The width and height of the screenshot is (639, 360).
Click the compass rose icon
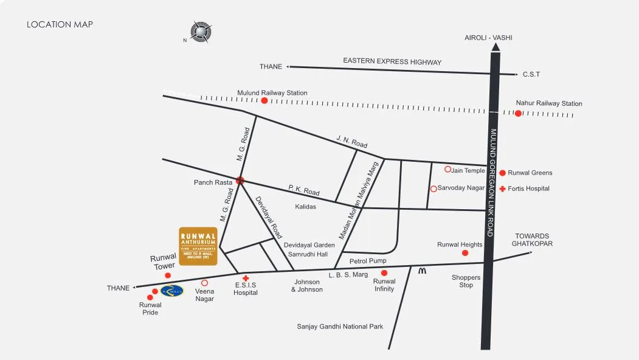click(201, 32)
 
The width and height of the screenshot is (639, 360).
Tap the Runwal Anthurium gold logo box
click(198, 246)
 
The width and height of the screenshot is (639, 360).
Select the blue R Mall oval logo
click(172, 291)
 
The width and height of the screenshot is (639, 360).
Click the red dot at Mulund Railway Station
click(264, 100)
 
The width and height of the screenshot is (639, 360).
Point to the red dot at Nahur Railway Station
click(518, 113)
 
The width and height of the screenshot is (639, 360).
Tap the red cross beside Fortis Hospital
click(502, 189)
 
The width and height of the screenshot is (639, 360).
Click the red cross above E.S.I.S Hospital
click(246, 278)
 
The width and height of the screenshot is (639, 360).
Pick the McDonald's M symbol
click(422, 271)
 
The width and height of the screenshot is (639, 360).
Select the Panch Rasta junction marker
click(240, 180)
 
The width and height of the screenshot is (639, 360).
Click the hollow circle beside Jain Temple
click(447, 169)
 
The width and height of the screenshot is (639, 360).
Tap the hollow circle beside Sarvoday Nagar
click(433, 189)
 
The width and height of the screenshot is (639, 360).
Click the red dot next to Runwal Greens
click(502, 173)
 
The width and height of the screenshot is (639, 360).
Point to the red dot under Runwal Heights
click(465, 253)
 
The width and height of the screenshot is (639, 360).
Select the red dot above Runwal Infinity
click(384, 273)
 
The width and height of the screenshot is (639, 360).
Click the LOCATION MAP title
click(60, 24)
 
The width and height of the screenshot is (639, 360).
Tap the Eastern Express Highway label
click(392, 61)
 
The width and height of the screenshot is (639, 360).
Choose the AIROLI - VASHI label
click(488, 38)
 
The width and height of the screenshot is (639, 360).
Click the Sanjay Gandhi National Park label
click(340, 327)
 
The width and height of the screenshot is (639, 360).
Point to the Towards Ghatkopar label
click(532, 240)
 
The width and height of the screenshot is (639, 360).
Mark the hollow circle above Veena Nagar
click(204, 283)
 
